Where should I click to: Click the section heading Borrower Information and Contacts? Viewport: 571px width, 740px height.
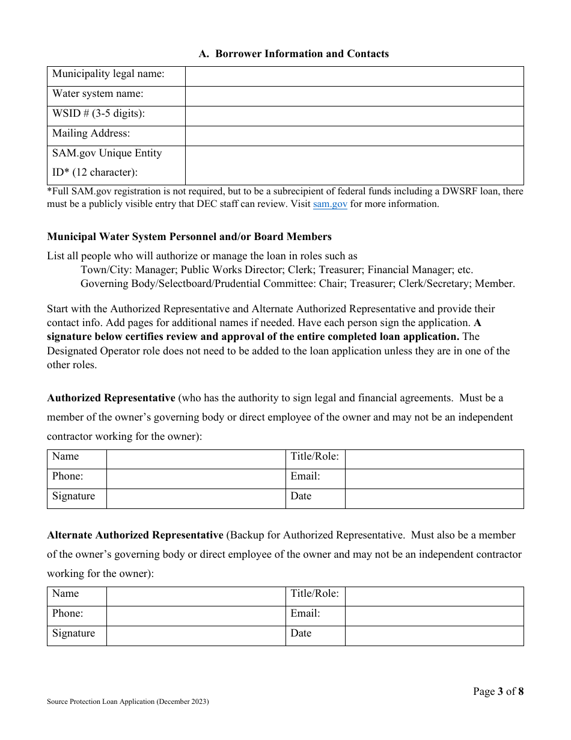pyautogui.click(x=294, y=54)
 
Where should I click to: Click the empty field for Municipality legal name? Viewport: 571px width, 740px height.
pyautogui.click(x=354, y=76)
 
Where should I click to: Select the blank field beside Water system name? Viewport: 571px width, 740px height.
pyautogui.click(x=354, y=96)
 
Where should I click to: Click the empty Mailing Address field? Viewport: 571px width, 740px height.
pyautogui.click(x=354, y=136)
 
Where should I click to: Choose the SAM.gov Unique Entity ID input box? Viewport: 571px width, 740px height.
pyautogui.click(x=354, y=165)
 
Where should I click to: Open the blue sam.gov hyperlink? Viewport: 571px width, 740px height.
pyautogui.click(x=330, y=204)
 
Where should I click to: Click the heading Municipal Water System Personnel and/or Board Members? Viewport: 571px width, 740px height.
pyautogui.click(x=189, y=236)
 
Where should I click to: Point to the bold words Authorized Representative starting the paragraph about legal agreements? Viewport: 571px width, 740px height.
pyautogui.click(x=111, y=398)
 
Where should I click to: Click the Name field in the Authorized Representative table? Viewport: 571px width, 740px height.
pyautogui.click(x=196, y=460)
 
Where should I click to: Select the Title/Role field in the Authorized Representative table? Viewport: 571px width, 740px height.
pyautogui.click(x=434, y=460)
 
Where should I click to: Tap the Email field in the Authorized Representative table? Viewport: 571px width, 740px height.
pyautogui.click(x=434, y=479)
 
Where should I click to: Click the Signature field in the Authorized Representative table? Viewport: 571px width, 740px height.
pyautogui.click(x=196, y=499)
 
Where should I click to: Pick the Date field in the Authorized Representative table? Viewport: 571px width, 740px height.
pyautogui.click(x=434, y=499)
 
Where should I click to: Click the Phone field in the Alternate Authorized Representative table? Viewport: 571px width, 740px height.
pyautogui.click(x=196, y=616)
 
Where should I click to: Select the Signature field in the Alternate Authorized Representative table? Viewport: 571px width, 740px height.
pyautogui.click(x=196, y=636)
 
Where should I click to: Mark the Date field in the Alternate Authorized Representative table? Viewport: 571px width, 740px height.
pyautogui.click(x=434, y=636)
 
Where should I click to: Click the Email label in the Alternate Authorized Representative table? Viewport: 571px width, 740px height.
pyautogui.click(x=305, y=614)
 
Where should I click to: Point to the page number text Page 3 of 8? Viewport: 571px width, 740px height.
pyautogui.click(x=498, y=691)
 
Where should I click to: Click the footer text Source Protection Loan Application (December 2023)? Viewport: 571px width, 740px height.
pyautogui.click(x=128, y=701)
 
